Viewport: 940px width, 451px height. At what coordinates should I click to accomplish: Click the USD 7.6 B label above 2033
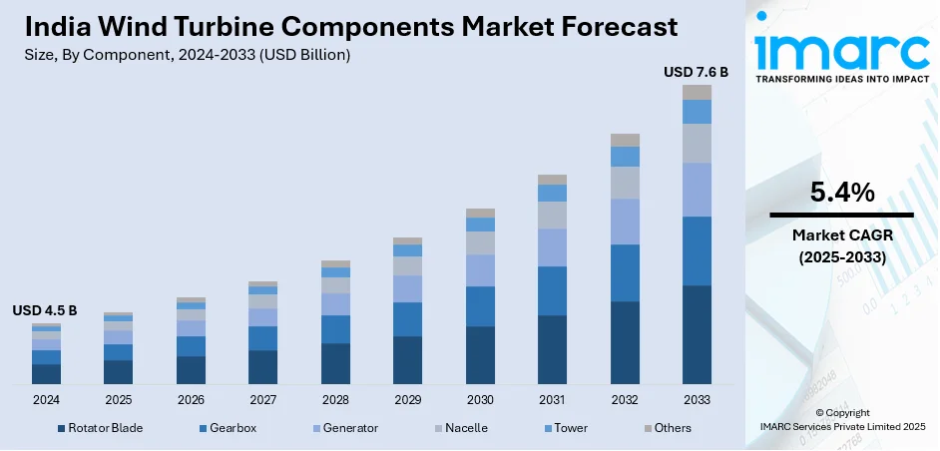[697, 72]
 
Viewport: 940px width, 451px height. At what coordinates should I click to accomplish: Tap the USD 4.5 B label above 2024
[45, 310]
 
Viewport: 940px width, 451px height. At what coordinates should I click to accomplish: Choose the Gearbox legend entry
[233, 428]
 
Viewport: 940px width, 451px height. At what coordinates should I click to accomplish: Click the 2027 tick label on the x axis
[262, 399]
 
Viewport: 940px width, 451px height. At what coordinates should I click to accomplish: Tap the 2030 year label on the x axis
[480, 399]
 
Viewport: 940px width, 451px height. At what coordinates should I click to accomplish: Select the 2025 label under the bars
[118, 399]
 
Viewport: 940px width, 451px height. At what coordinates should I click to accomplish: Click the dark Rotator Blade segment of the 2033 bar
[697, 334]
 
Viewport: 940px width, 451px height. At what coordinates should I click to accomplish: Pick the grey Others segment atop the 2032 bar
[625, 140]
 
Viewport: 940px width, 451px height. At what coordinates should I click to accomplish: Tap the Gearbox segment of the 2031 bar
[552, 290]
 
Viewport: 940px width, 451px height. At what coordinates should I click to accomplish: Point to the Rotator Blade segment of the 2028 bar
[335, 363]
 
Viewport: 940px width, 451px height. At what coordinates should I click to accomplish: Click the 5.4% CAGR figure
[841, 192]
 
